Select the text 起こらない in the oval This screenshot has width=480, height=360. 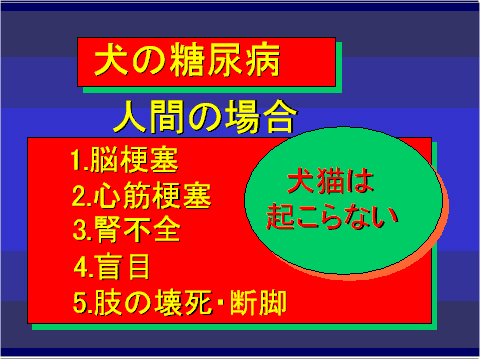tap(333, 214)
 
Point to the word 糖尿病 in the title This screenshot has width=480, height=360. tap(230, 62)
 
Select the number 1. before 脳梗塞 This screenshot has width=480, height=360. tap(80, 160)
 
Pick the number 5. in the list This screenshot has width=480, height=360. tap(82, 300)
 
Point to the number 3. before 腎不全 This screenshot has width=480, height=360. tap(82, 229)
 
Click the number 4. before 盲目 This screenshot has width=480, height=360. tap(84, 265)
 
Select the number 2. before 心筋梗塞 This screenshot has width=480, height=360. tap(81, 194)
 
